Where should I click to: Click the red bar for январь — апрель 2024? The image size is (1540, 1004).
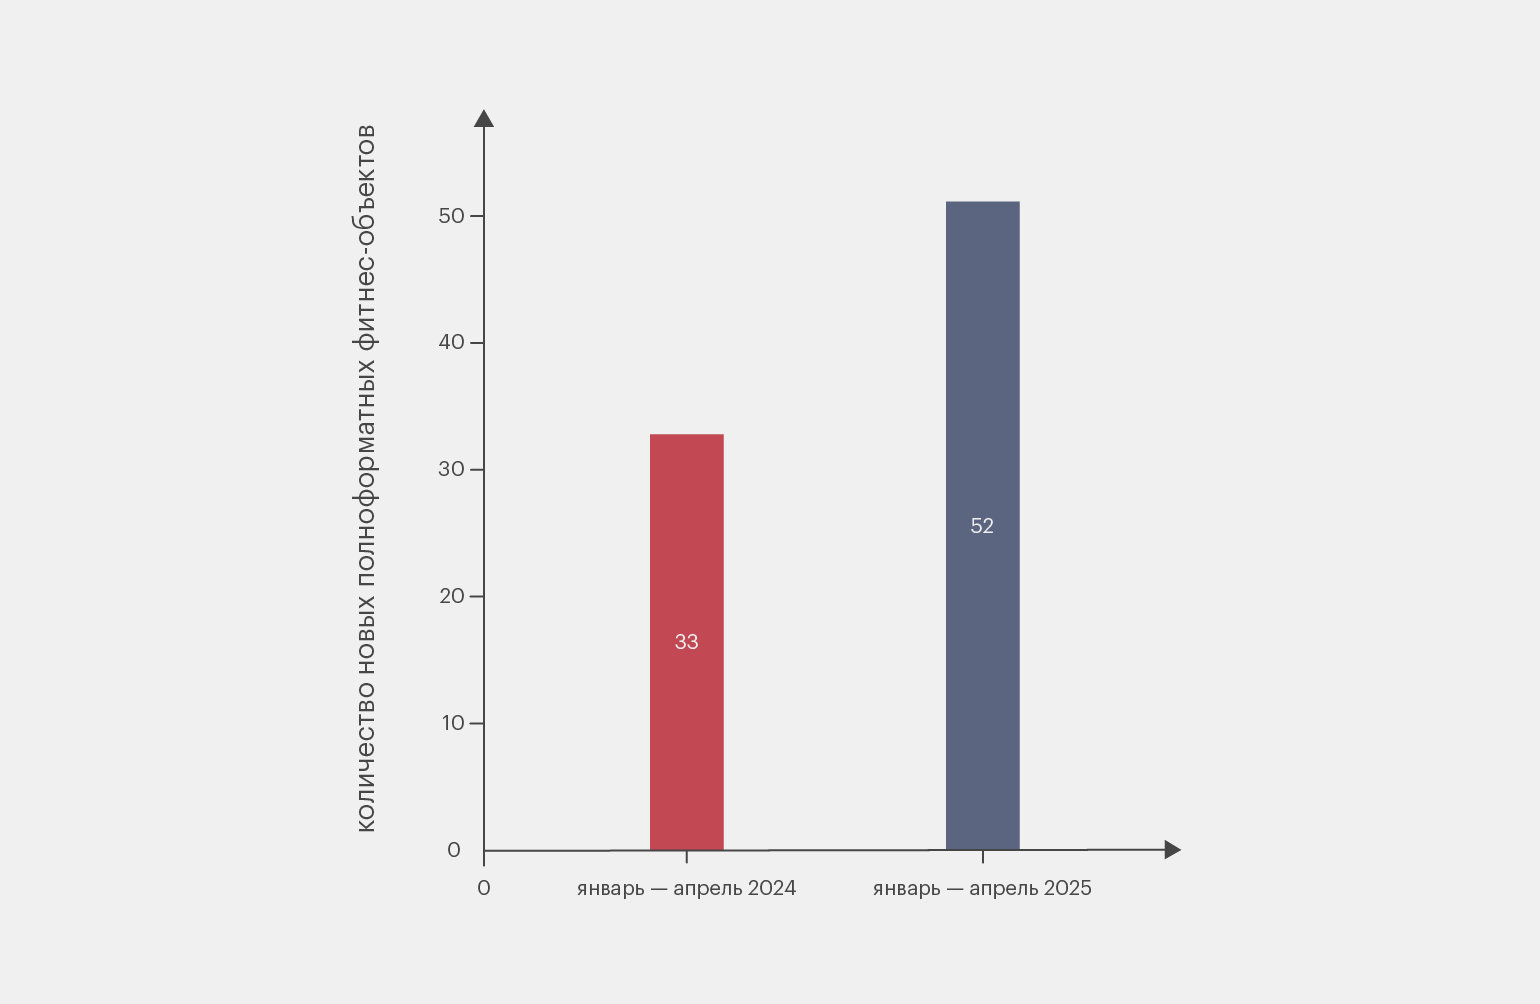(x=686, y=540)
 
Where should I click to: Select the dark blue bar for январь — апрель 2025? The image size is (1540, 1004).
(x=982, y=400)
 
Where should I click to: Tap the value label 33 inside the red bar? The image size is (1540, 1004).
(x=686, y=642)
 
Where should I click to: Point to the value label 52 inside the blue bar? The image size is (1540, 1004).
(x=982, y=526)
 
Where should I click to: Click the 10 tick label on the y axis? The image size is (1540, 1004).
(x=453, y=723)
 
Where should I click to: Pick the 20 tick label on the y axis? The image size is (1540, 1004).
(x=452, y=596)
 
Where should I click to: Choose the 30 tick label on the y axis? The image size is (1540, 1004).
(x=452, y=469)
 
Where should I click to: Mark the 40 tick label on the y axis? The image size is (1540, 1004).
(x=452, y=342)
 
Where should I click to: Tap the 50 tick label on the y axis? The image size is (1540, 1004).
(x=452, y=216)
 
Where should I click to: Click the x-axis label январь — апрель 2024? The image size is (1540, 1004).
(x=686, y=888)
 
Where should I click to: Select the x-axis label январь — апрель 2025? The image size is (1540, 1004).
(x=982, y=888)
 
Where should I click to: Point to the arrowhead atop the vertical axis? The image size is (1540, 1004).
(x=484, y=119)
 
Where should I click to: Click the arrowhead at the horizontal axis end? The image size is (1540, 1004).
(x=1172, y=850)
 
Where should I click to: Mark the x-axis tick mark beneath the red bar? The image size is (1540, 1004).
(x=686, y=857)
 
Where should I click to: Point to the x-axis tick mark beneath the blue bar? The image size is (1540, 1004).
(x=982, y=857)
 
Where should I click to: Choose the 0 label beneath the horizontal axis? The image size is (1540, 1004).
(x=484, y=888)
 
